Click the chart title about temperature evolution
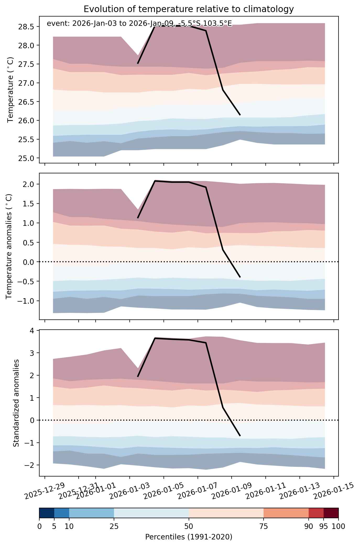coord(189,9)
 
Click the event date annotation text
coord(139,24)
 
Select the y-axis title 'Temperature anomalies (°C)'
coord(9,246)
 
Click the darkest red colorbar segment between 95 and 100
coord(331,513)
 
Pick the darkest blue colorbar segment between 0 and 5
coord(47,513)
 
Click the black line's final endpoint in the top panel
coord(240,115)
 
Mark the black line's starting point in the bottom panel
coord(138,377)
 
